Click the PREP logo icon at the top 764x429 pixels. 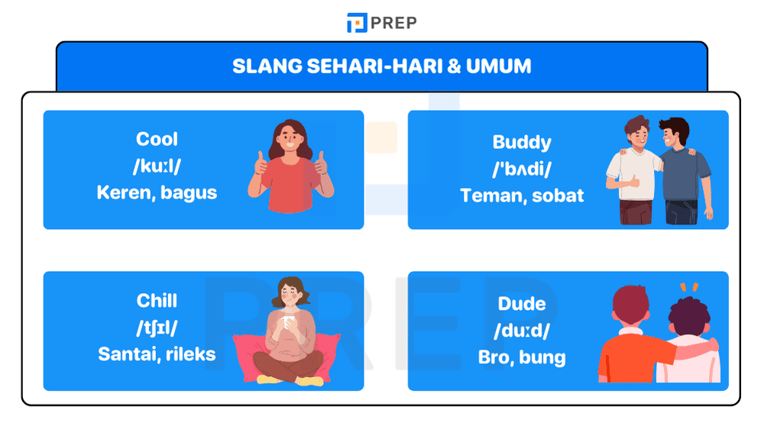pos(356,23)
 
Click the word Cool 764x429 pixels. pos(157,139)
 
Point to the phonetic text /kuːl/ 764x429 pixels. pos(157,166)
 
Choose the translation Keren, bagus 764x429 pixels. pos(157,192)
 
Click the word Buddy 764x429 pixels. pos(522,142)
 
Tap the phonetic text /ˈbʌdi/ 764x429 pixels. pos(522,169)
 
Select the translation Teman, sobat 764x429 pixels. pos(522,195)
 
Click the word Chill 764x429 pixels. pos(157,300)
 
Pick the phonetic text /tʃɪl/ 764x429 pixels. pos(157,327)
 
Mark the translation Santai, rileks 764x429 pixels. pos(157,354)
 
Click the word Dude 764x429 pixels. pos(522,303)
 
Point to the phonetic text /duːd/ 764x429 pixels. pos(522,330)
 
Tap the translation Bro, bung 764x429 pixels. pos(522,356)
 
